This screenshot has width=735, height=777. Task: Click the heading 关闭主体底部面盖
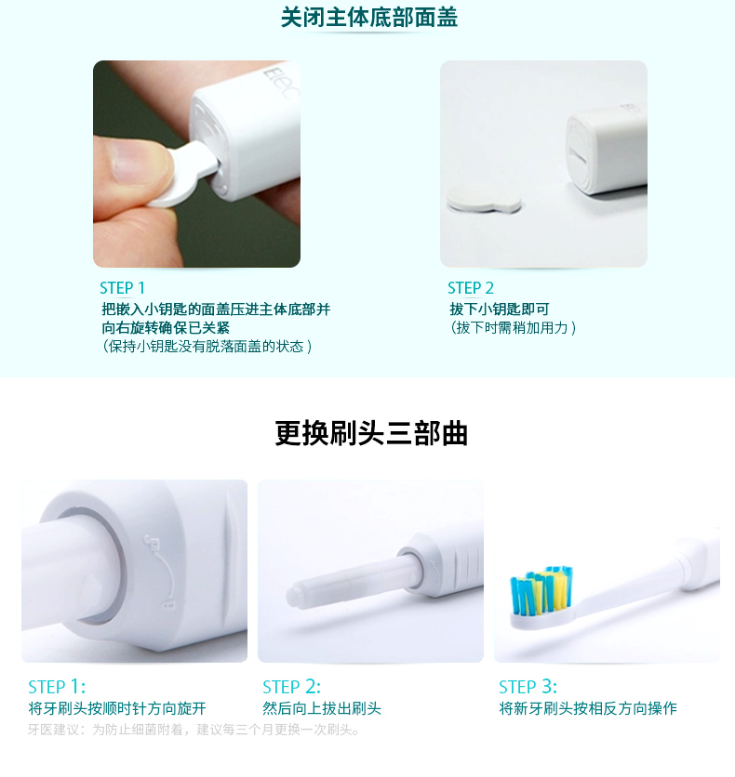(369, 18)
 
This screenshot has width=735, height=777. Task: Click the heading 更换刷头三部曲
(371, 434)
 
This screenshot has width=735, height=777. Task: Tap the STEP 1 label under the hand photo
(122, 288)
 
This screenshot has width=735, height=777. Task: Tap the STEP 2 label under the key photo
(471, 288)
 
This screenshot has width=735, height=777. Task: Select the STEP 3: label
(528, 687)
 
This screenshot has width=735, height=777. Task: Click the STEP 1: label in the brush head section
(57, 687)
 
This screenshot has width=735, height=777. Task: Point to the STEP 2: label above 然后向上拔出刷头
(291, 687)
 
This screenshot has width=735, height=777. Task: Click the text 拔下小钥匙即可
(500, 309)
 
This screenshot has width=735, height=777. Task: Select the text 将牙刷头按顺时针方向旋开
(117, 708)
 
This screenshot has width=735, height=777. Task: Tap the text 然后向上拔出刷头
(322, 708)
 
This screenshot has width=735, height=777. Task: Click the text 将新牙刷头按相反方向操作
(588, 708)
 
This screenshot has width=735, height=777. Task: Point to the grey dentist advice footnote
(194, 730)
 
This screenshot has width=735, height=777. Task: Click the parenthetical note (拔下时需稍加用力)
(513, 328)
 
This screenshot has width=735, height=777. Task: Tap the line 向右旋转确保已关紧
(166, 328)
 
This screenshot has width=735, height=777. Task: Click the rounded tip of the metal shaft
(294, 595)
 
